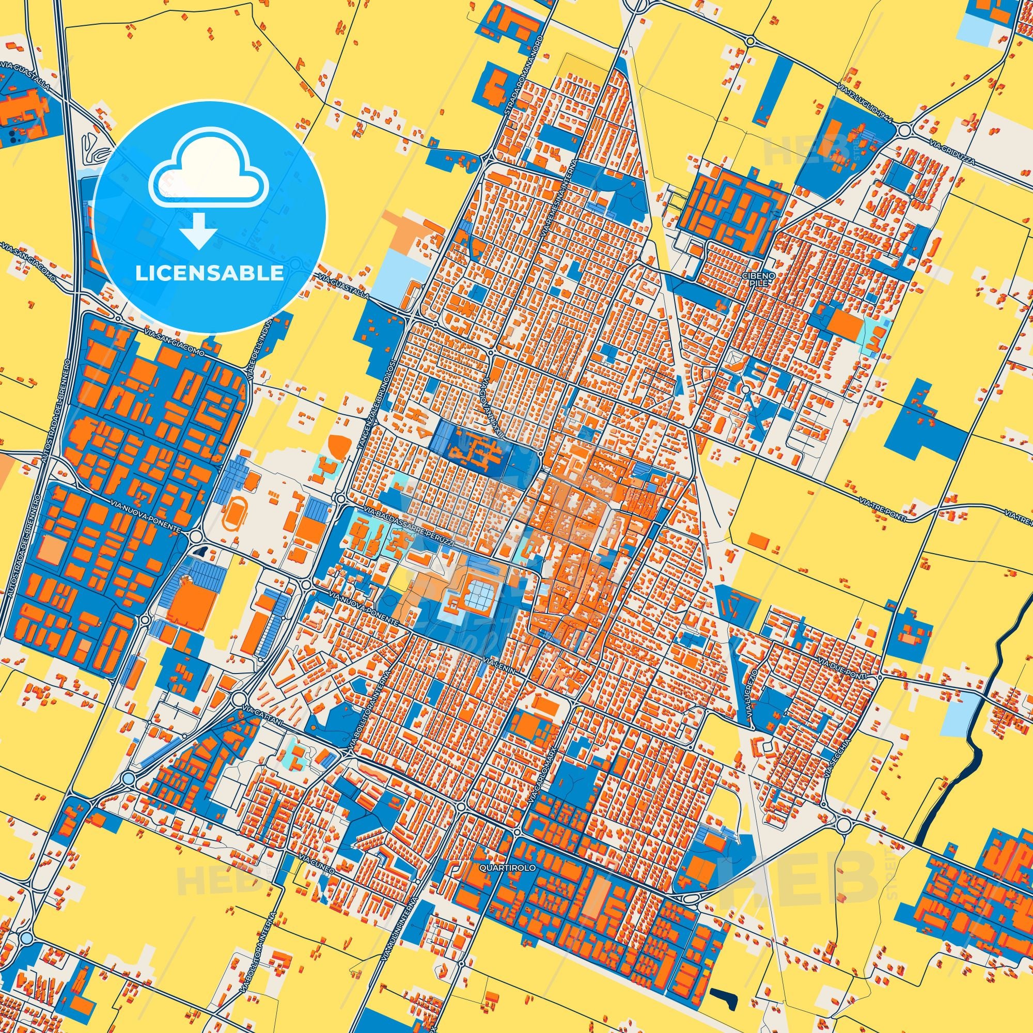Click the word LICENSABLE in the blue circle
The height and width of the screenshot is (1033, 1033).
pos(210,273)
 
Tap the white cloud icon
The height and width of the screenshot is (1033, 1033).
pos(210,177)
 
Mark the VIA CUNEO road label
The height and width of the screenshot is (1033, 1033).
pos(318,850)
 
